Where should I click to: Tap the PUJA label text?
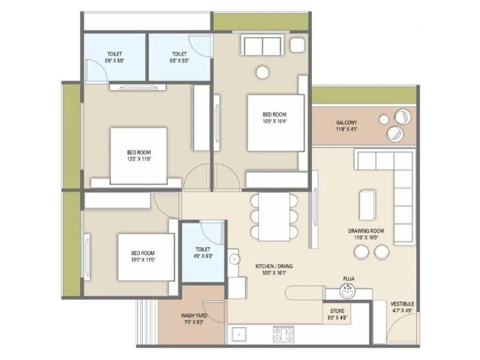pos(347,279)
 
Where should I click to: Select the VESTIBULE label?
pos(402,304)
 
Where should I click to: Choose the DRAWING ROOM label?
pos(365,230)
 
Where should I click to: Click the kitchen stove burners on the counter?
pos(284,333)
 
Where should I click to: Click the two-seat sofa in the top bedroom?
pos(261,45)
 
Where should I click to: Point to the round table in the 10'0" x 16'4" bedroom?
pos(263,72)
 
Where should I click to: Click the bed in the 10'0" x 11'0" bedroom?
pos(145,256)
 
